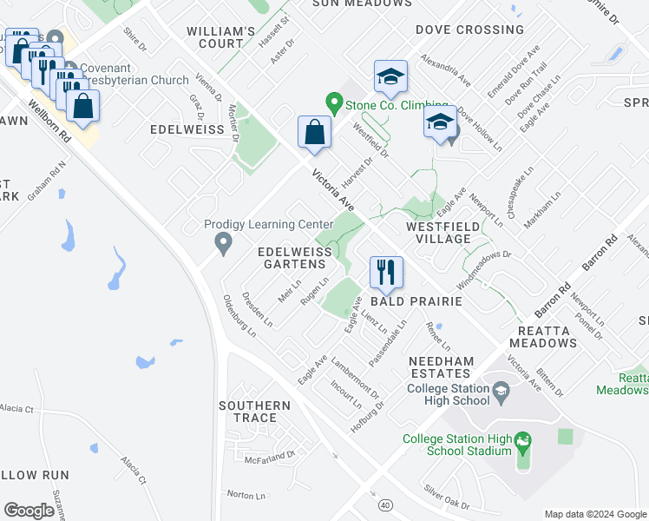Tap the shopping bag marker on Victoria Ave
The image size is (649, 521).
point(313,133)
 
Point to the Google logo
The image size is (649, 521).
point(29,510)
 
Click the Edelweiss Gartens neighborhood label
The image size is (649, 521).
point(294,258)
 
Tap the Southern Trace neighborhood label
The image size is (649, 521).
point(254,412)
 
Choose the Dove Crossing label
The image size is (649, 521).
point(469,30)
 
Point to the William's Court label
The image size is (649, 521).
point(221,36)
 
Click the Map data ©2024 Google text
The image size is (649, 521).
point(594,514)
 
